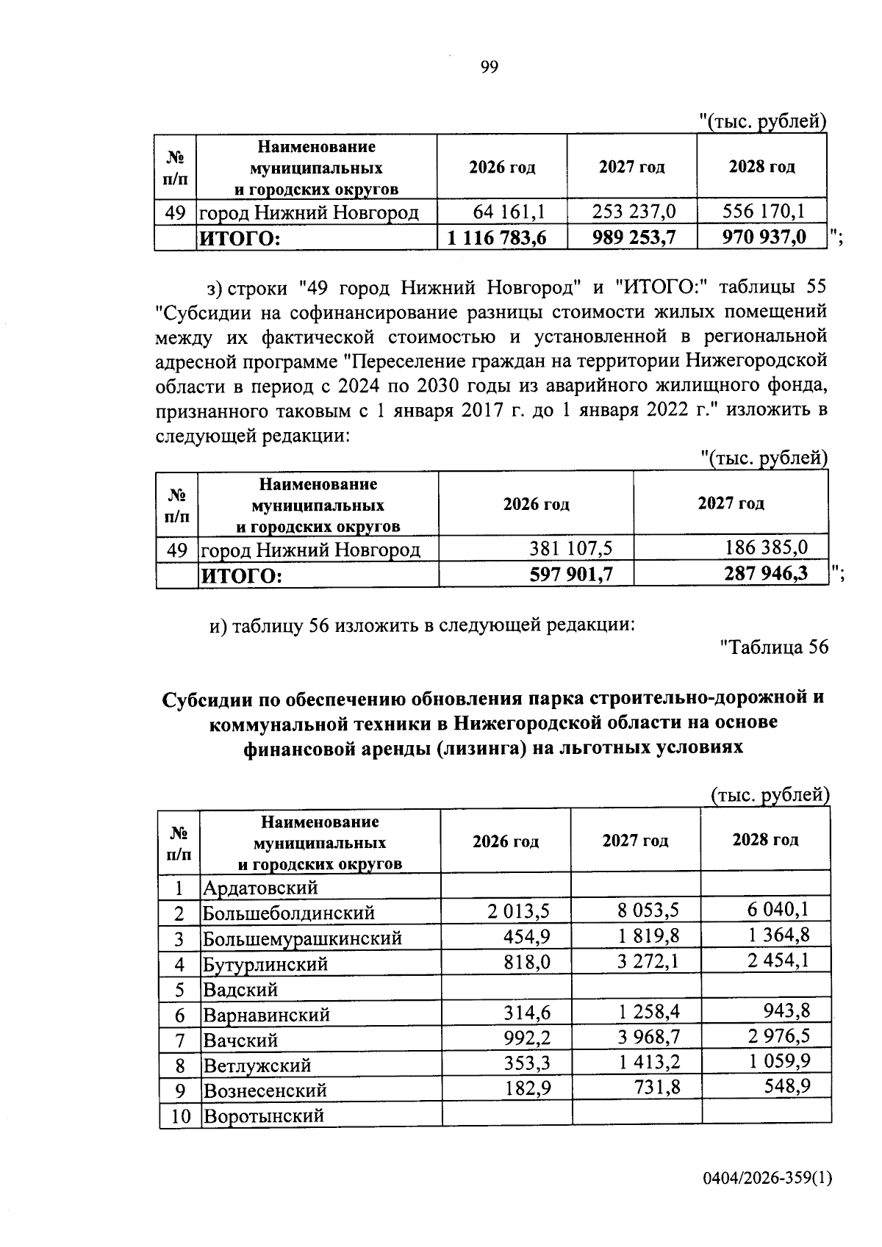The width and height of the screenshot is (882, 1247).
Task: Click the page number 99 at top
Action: coord(490,68)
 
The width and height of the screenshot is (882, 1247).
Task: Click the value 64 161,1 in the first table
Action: coord(509,212)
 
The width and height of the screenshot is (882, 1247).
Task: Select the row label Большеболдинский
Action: coord(289,913)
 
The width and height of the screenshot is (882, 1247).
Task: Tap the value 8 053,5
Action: coord(647,911)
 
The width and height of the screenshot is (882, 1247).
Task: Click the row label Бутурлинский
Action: coord(265,963)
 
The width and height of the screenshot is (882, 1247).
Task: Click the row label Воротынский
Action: coord(264,1116)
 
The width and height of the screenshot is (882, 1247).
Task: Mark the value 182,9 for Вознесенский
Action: coord(527,1088)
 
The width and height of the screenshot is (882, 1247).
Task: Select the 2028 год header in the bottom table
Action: coord(765,840)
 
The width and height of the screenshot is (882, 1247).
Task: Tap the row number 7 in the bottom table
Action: coord(179,1040)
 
